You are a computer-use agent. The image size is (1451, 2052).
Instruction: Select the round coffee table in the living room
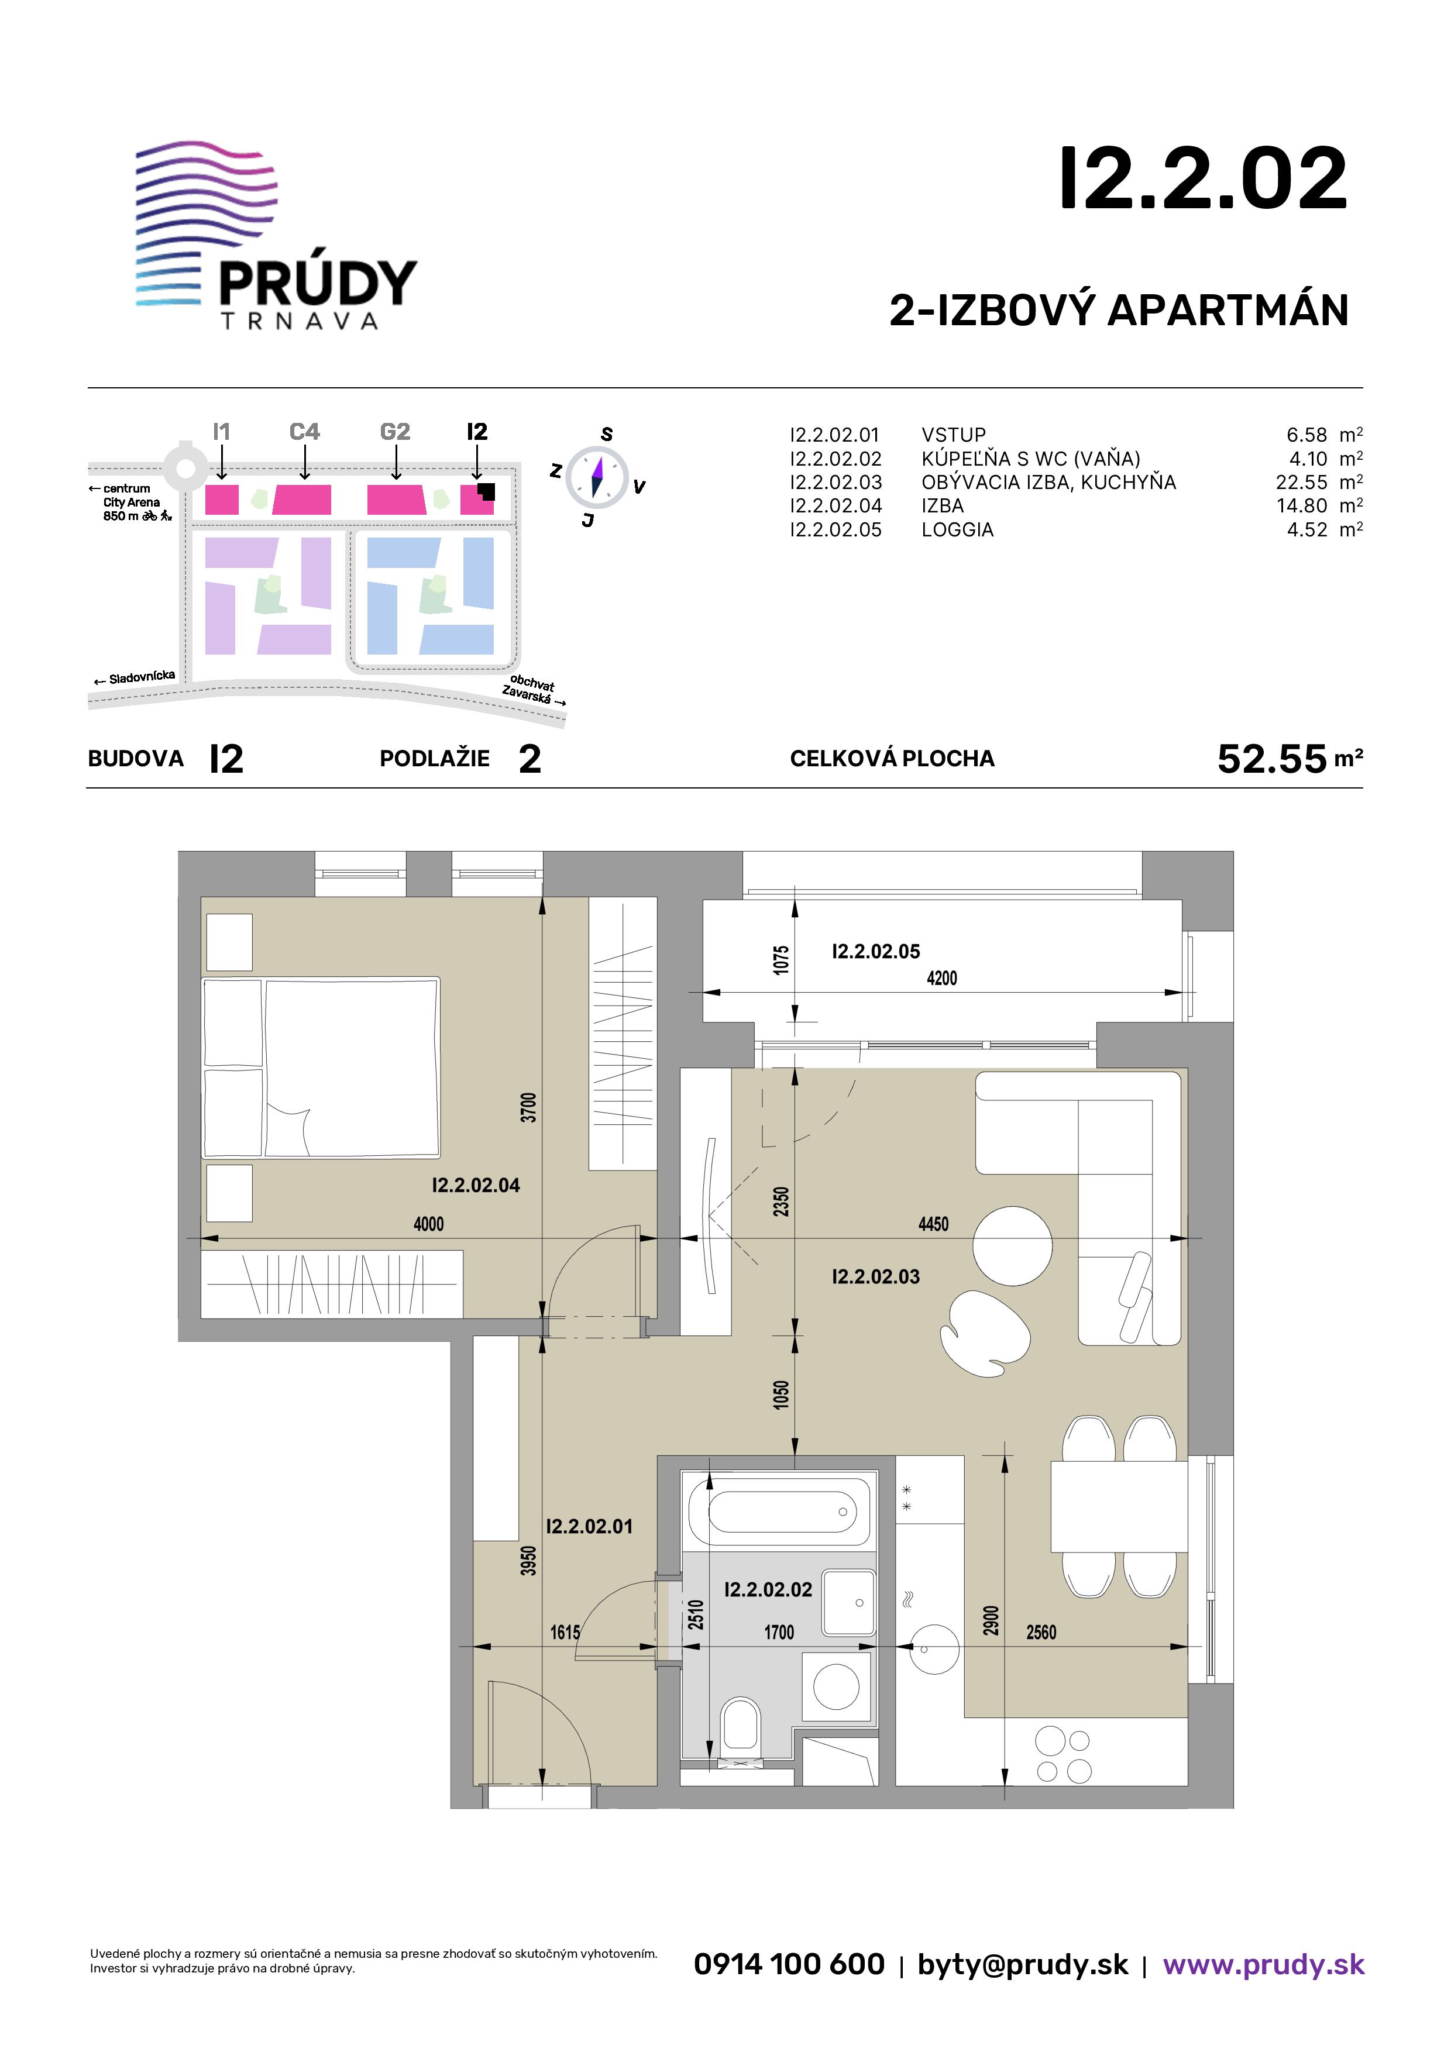[x=1012, y=1245]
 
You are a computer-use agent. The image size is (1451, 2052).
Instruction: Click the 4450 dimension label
[x=933, y=1224]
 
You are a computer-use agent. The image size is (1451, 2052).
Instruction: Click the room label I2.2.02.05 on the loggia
[x=875, y=951]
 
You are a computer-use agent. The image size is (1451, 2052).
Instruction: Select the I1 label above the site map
[x=222, y=432]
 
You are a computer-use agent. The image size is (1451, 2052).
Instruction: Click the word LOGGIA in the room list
[x=958, y=529]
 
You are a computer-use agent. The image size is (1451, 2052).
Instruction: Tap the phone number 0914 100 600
[x=789, y=1964]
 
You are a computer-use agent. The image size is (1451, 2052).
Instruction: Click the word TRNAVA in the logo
[x=300, y=321]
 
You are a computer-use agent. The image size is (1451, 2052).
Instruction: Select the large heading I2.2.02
[x=1202, y=179]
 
